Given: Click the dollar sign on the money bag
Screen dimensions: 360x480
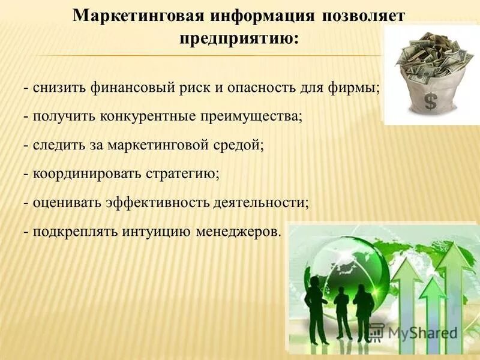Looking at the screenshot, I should tap(430, 101).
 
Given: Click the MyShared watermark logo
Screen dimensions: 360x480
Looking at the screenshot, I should tap(413, 332).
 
